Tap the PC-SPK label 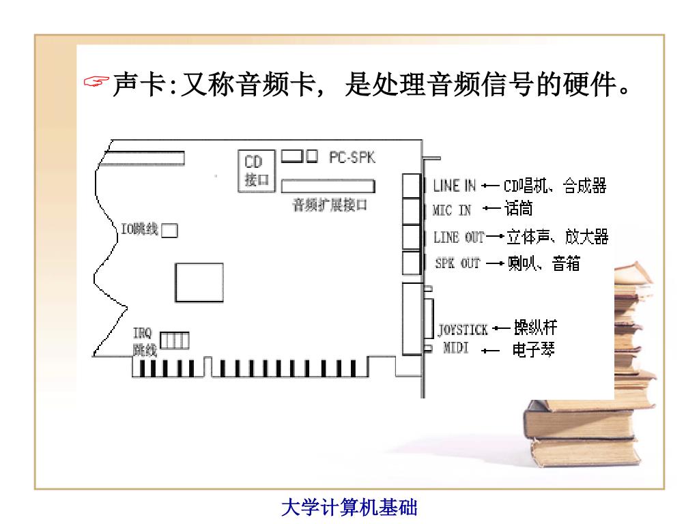click(x=352, y=157)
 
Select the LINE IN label click(x=455, y=186)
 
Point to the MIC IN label click(x=452, y=210)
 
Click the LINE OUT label click(x=458, y=237)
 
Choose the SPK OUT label click(x=457, y=263)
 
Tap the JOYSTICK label click(x=463, y=330)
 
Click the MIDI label click(x=456, y=349)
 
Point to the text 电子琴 click(x=533, y=351)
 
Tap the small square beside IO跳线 click(x=169, y=231)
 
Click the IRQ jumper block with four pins click(x=175, y=339)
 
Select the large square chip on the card click(x=199, y=282)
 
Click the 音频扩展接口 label click(x=330, y=205)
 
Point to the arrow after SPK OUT click(x=495, y=263)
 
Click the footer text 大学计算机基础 click(x=349, y=508)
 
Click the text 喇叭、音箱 click(x=544, y=263)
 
